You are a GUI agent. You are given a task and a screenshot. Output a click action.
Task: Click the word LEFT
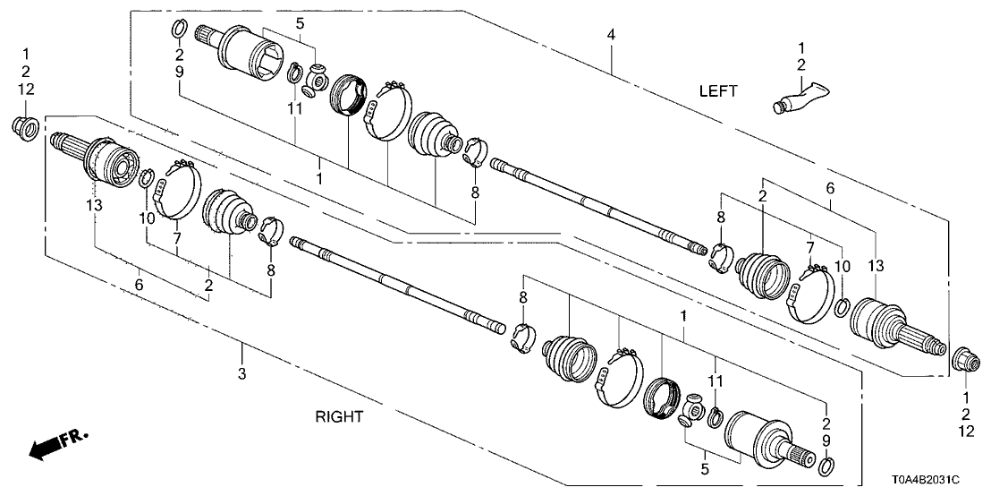coord(719,90)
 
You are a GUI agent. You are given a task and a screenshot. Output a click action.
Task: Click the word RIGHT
coord(339,415)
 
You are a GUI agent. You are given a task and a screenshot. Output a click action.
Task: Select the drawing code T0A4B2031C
coord(934,480)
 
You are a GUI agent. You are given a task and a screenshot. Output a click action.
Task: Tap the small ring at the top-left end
coord(178,32)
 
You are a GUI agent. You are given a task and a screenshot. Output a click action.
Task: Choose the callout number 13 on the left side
coord(95,205)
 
